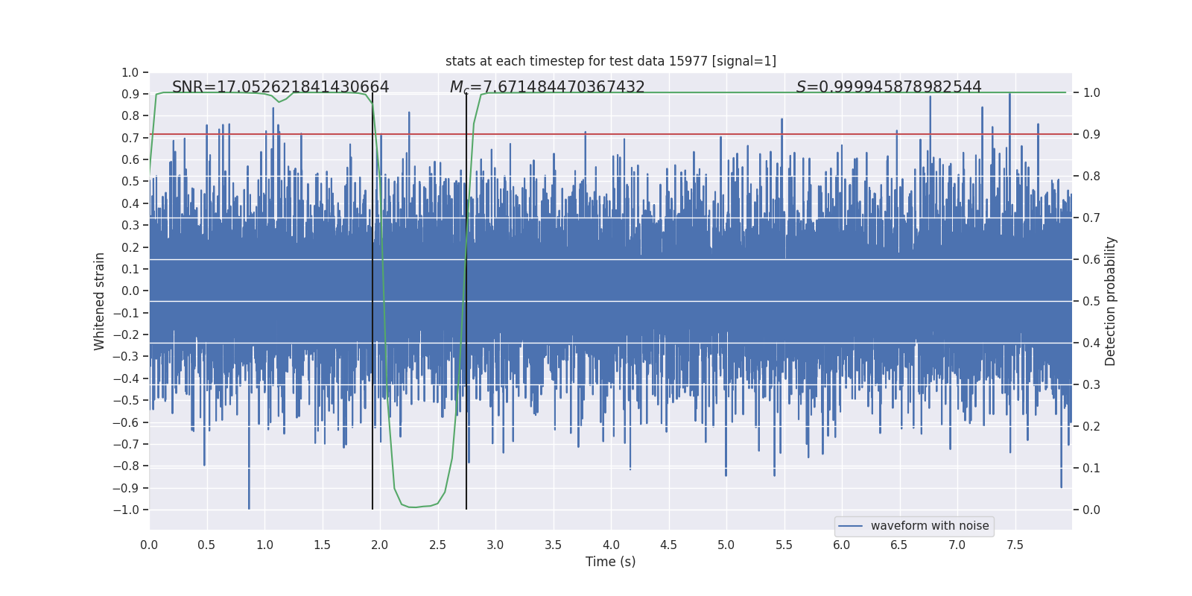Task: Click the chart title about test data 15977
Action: [x=610, y=61]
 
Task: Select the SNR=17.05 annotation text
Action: [x=280, y=87]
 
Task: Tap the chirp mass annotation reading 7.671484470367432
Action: [x=547, y=87]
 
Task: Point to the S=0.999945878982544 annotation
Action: [x=888, y=87]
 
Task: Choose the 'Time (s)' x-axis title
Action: [x=610, y=562]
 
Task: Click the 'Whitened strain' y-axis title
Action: [x=100, y=301]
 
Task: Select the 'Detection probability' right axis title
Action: [x=1111, y=301]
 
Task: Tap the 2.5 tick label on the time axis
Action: [x=437, y=545]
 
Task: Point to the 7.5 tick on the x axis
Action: [x=1015, y=545]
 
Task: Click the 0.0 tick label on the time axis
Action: [x=149, y=545]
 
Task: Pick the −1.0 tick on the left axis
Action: [x=126, y=510]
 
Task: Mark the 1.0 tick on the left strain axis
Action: [x=130, y=72]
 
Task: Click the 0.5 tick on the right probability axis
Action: [x=1091, y=301]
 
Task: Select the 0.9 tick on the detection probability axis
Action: [x=1091, y=134]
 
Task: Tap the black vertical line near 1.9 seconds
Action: [x=372, y=298]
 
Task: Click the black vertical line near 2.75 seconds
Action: [x=466, y=298]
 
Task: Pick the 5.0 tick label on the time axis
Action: [x=726, y=545]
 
